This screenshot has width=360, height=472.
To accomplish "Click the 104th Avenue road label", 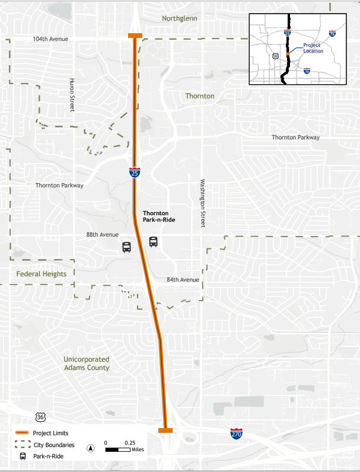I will coord(50,39).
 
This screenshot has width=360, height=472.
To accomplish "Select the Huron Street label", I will coord(72,95).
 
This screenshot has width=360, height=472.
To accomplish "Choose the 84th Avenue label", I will coord(183,279).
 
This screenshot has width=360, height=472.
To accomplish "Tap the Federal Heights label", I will coord(42,274).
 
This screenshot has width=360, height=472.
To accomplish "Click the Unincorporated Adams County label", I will coord(87,363).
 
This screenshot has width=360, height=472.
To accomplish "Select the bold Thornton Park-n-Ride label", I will coord(160,216).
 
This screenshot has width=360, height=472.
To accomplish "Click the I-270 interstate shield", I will coord(237,433).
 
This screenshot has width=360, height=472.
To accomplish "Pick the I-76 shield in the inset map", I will coord(333,34).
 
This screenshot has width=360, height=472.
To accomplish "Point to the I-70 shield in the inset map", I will coord(307,71).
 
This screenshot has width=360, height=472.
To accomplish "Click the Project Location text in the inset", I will coord(313,48).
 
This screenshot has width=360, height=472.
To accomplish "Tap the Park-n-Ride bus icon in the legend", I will coord(23,456).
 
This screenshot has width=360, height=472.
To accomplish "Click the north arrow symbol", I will coord(91,448).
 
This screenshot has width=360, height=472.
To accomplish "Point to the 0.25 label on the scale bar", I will coord(129,442).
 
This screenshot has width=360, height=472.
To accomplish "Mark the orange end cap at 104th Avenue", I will coord(135,36).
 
